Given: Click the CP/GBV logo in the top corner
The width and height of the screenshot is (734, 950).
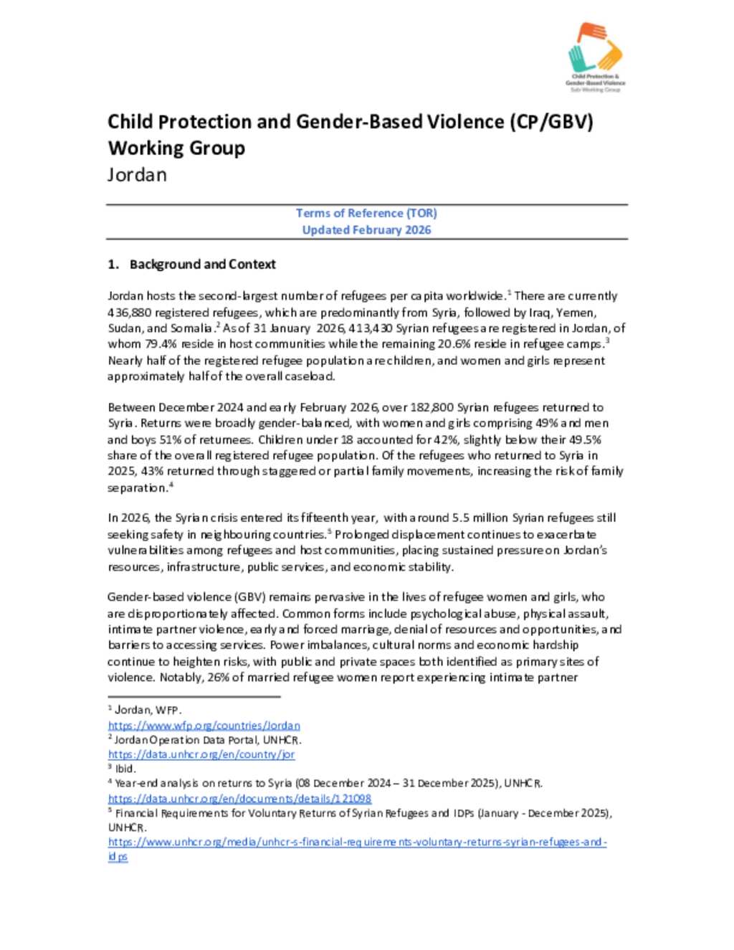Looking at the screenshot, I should [595, 57].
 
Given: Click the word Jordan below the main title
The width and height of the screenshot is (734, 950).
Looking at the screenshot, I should [137, 175].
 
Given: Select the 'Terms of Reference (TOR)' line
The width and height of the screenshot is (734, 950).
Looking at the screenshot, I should [366, 213].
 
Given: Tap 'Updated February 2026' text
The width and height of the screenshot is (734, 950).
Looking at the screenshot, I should [366, 230].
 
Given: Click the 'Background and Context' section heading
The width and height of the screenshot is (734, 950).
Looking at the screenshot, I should [202, 265].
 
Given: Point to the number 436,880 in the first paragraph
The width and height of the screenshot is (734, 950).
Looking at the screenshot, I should [128, 313].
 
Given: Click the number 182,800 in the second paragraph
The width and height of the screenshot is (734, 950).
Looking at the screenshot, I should [432, 407].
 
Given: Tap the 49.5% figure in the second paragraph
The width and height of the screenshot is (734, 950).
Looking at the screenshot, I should [583, 440].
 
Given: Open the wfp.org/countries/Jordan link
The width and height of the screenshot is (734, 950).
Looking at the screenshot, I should [204, 726].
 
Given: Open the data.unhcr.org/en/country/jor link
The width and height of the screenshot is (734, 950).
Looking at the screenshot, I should [201, 754].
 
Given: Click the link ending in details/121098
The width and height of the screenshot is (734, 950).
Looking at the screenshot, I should [239, 798].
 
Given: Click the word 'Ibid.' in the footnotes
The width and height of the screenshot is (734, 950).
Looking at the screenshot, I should [125, 769].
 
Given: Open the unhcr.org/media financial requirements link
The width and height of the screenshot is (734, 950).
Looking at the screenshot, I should [357, 842].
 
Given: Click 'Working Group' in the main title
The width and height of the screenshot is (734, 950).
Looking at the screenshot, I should [176, 148].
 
